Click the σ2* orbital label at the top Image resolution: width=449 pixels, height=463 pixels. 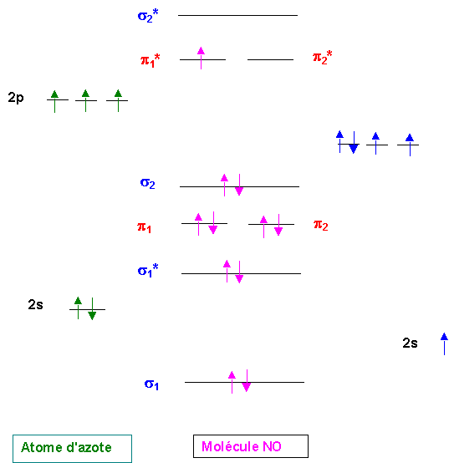(x=148, y=16)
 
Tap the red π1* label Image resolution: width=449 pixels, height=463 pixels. (x=150, y=60)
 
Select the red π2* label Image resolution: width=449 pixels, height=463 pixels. (x=322, y=58)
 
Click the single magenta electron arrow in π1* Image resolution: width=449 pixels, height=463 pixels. (x=201, y=58)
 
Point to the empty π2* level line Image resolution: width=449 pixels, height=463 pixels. (x=270, y=59)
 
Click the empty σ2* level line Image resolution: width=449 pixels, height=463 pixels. (x=237, y=15)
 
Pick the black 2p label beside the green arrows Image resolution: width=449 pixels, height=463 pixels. (x=16, y=98)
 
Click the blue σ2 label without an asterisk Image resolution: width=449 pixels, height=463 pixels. (x=148, y=183)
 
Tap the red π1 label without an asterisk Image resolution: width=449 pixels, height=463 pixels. (x=144, y=227)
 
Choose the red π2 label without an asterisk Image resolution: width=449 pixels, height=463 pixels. (x=321, y=226)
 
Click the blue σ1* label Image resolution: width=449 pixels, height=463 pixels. (x=148, y=270)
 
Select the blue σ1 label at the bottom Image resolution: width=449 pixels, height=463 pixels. (x=151, y=384)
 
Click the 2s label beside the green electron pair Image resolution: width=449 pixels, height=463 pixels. (x=35, y=304)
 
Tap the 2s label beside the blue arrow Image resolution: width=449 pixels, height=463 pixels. (x=410, y=343)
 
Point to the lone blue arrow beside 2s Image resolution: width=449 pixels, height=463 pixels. (x=444, y=343)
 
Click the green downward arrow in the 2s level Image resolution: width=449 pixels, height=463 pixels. (x=92, y=308)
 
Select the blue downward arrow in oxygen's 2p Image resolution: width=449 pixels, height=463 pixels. (x=354, y=142)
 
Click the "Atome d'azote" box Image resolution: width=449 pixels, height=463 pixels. (x=73, y=449)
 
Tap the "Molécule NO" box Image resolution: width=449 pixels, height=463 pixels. (x=251, y=446)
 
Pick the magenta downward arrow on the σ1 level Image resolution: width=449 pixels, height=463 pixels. (x=247, y=380)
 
